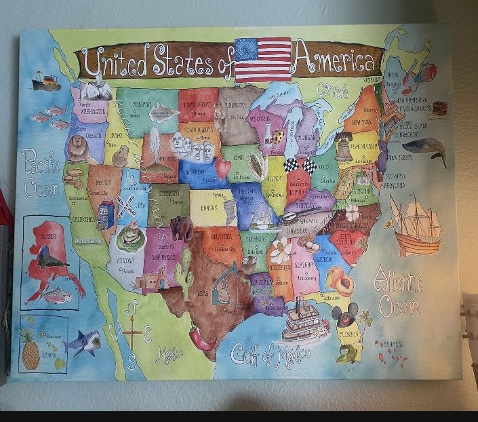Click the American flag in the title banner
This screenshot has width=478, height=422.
[262, 59]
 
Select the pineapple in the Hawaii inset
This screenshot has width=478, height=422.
[30, 350]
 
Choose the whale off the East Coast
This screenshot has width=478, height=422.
[425, 149]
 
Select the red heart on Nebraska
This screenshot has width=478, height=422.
[223, 167]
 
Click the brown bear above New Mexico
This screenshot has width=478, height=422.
[182, 228]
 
